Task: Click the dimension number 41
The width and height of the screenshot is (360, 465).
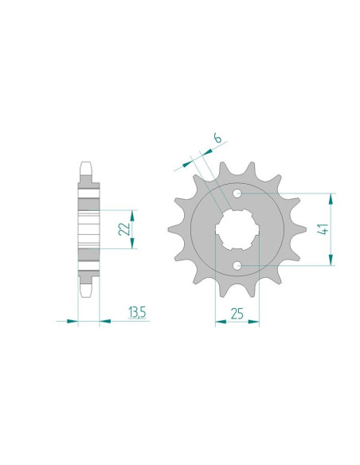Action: tap(323, 231)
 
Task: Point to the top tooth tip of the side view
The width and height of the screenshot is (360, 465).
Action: tap(89, 166)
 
